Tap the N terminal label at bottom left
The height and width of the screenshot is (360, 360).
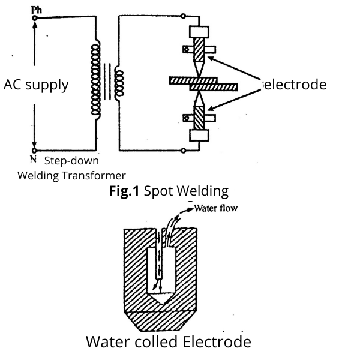[33, 160]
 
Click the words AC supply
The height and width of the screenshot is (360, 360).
[36, 85]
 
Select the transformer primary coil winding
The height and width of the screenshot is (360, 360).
[95, 82]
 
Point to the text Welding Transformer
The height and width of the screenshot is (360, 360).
[71, 175]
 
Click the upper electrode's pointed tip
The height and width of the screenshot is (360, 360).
[199, 71]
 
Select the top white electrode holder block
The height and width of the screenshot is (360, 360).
[199, 32]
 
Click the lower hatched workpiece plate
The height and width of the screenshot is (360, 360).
[214, 88]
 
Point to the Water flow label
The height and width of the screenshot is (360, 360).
[217, 209]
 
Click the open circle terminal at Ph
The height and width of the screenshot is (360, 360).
[35, 17]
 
